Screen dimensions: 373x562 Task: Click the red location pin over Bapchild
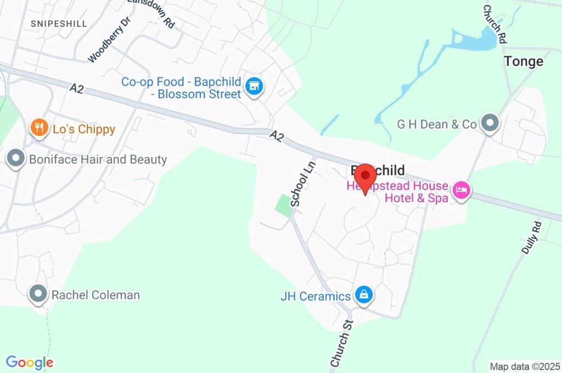pyautogui.click(x=365, y=178)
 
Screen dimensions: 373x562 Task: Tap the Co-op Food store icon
pyautogui.click(x=254, y=86)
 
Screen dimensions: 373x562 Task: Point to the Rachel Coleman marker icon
pyautogui.click(x=38, y=294)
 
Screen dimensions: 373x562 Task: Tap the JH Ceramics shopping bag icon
pyautogui.click(x=363, y=296)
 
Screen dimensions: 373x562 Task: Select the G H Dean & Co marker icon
pyautogui.click(x=489, y=124)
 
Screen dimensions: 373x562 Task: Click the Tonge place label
pyautogui.click(x=524, y=61)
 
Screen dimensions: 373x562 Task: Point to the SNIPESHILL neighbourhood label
pyautogui.click(x=59, y=24)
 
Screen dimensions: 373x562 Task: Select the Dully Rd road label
pyautogui.click(x=531, y=238)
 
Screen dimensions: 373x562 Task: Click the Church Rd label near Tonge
pyautogui.click(x=494, y=25)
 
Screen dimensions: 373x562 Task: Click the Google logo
pyautogui.click(x=30, y=363)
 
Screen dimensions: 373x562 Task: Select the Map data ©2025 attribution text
pyautogui.click(x=525, y=366)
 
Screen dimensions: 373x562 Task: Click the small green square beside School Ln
pyautogui.click(x=284, y=205)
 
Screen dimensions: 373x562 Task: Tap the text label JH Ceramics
pyautogui.click(x=316, y=296)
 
